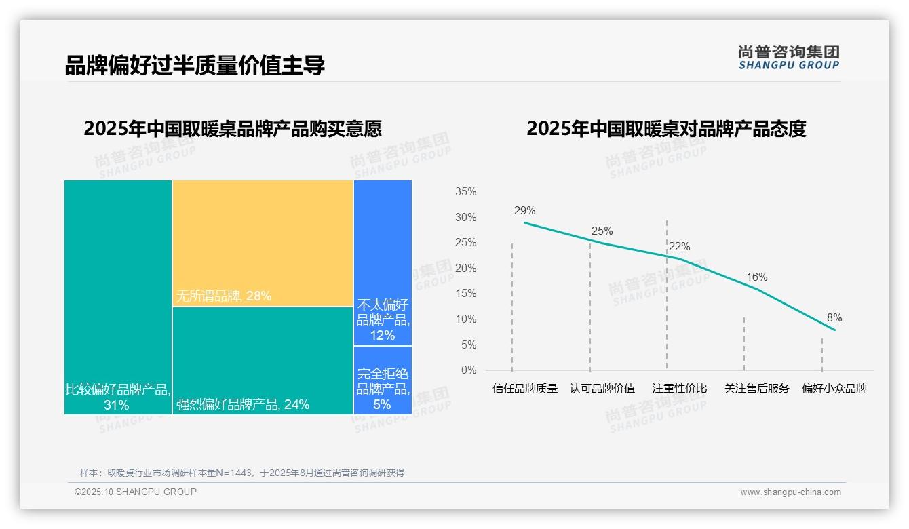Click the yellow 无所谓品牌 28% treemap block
(263, 243)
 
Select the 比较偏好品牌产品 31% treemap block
(118, 296)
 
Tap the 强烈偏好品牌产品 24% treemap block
(263, 360)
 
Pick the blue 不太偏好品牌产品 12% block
(383, 262)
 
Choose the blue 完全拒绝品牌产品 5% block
(383, 380)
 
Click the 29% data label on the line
(524, 210)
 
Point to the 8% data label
(834, 317)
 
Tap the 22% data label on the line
(679, 246)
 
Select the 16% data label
(756, 277)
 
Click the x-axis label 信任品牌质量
(524, 389)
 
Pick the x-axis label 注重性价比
(679, 389)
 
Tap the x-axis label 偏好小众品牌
(834, 389)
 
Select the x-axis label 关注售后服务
(756, 389)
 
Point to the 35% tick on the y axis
(465, 192)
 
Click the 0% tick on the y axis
(468, 370)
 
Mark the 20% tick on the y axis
(465, 269)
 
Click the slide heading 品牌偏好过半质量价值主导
(195, 65)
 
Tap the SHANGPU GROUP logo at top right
(788, 58)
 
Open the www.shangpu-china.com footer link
(790, 492)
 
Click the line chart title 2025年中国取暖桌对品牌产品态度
(665, 129)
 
